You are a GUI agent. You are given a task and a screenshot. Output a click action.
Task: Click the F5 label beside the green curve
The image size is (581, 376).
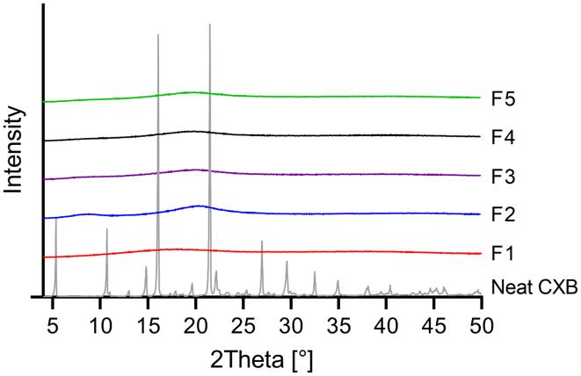click(x=504, y=98)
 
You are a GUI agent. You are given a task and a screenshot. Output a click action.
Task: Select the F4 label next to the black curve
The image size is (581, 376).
click(x=504, y=137)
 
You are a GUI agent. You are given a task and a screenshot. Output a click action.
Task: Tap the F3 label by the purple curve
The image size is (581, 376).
click(x=504, y=177)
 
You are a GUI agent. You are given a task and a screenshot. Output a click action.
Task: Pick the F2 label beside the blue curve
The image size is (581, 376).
click(x=504, y=214)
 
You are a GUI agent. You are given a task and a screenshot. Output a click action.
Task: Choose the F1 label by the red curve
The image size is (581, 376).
click(x=504, y=254)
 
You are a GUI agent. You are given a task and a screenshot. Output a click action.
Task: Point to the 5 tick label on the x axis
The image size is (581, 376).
click(x=54, y=317)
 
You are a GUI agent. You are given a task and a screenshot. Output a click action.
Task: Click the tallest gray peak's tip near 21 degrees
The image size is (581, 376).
click(x=209, y=25)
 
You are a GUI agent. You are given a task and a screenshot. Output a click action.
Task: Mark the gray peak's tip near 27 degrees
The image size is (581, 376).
click(x=262, y=241)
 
